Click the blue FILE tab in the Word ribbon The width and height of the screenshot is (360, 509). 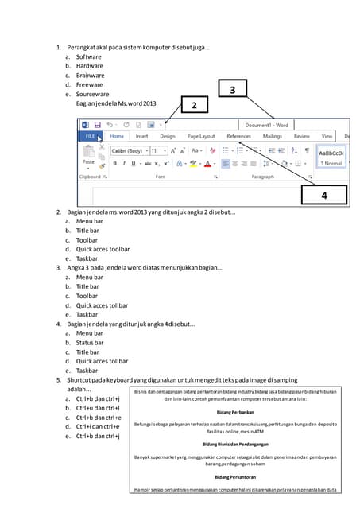point(91,136)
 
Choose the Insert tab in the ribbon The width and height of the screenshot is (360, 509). point(141,136)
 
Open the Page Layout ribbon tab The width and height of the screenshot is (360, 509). point(201,136)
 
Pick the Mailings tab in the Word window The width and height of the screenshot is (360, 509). point(272,136)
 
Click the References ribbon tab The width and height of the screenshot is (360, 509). point(238,136)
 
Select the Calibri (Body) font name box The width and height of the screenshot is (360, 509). point(128,150)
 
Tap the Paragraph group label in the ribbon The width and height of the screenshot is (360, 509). point(263,177)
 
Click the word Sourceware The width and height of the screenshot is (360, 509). point(92,94)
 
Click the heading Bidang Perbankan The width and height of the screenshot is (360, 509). point(235,413)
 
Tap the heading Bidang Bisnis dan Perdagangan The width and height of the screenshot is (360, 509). point(235,444)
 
